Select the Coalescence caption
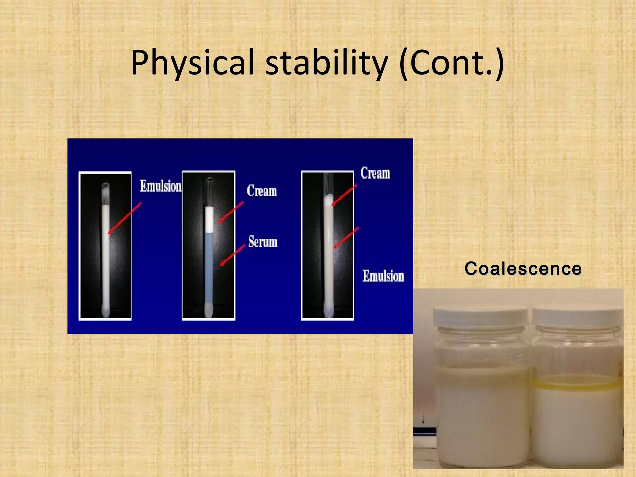[523, 269]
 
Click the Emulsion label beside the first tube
[161, 186]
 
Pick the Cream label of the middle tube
[262, 191]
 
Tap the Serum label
[263, 242]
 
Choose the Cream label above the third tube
[375, 173]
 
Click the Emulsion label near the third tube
[383, 276]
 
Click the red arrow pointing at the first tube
[125, 218]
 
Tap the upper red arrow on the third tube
[344, 195]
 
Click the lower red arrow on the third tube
[346, 238]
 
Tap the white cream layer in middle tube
[209, 219]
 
